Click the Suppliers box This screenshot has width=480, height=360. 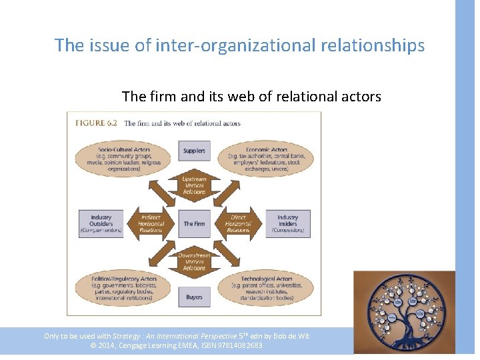coord(194,151)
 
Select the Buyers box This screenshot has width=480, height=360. coord(194,297)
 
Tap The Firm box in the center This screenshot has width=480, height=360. coord(194,224)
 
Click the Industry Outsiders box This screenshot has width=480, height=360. coord(101,224)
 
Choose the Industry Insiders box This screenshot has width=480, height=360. coord(287,224)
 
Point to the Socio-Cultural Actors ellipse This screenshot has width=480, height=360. coord(123,159)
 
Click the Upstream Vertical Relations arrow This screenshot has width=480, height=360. coord(194,186)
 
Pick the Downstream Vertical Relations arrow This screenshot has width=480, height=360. coord(194,261)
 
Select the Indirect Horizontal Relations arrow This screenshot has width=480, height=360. coord(151,224)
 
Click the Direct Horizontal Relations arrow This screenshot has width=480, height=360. coord(237,224)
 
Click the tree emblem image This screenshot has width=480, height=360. coord(403,312)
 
